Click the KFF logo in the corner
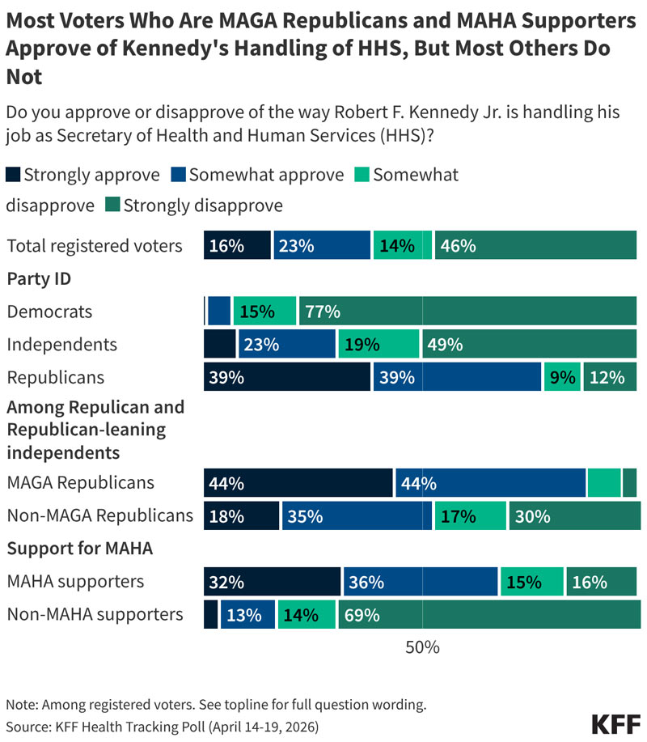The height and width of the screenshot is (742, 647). pyautogui.click(x=616, y=723)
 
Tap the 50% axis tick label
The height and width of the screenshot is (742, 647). pyautogui.click(x=422, y=647)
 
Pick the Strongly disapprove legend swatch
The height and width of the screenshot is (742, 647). pyautogui.click(x=112, y=206)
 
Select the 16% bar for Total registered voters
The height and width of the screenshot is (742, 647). pyautogui.click(x=237, y=246)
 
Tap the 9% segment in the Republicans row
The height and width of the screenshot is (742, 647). pyautogui.click(x=562, y=377)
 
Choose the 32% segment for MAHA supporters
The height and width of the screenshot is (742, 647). pyautogui.click(x=272, y=582)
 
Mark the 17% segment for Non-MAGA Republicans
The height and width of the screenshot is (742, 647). pyautogui.click(x=470, y=515)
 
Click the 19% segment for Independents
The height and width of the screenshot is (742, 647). pyautogui.click(x=378, y=345)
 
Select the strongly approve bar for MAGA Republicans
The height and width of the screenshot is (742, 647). pyautogui.click(x=298, y=483)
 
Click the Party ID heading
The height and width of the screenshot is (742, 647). pyautogui.click(x=39, y=279)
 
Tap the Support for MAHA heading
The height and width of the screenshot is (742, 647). pyautogui.click(x=80, y=549)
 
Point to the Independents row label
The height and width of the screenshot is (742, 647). pyautogui.click(x=62, y=345)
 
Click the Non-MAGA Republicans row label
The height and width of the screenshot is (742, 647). pyautogui.click(x=100, y=515)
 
